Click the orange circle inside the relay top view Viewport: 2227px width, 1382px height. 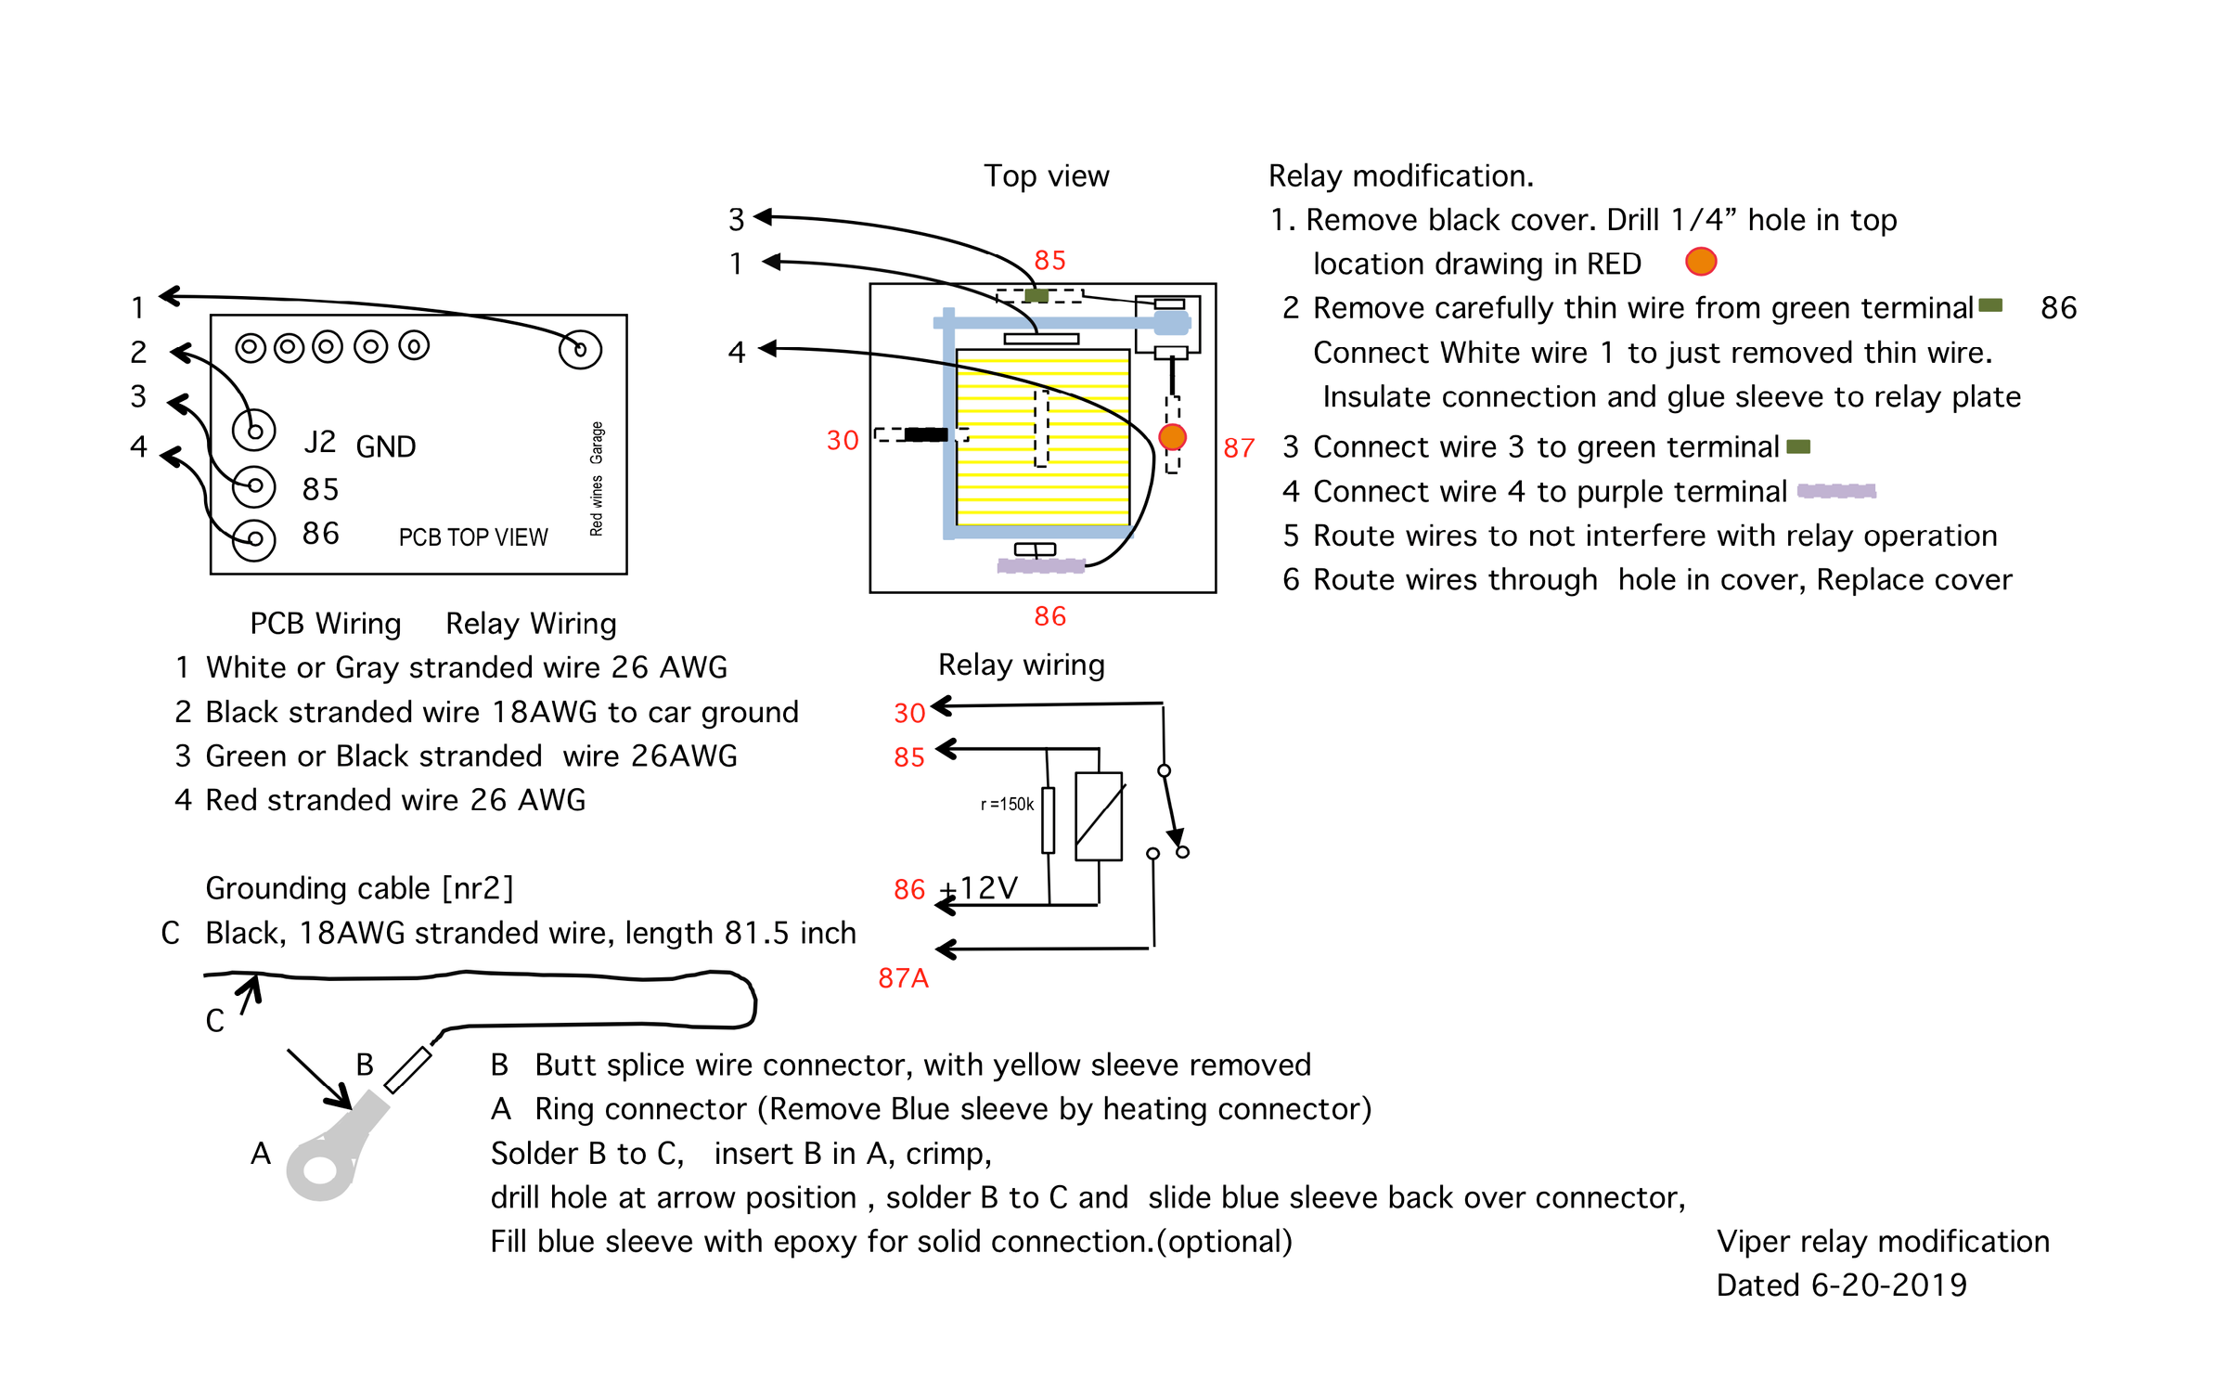(x=1172, y=437)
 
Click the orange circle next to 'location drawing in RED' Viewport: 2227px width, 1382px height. (x=1700, y=262)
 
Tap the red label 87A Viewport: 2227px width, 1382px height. (x=902, y=978)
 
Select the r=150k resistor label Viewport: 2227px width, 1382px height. (x=1007, y=804)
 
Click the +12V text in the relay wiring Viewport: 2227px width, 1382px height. (x=982, y=888)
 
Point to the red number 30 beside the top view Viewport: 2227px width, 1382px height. (x=842, y=440)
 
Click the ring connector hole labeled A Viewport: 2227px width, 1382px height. (x=320, y=1169)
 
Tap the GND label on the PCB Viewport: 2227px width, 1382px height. (x=385, y=447)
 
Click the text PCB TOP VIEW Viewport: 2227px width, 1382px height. (x=472, y=537)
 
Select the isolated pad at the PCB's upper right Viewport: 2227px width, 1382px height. (x=580, y=349)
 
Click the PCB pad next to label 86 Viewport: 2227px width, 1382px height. (x=253, y=539)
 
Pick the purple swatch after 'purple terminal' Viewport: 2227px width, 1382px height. (x=1835, y=491)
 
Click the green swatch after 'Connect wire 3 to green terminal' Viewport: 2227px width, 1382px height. (x=1797, y=447)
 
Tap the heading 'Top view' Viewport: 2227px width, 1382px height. (x=1046, y=176)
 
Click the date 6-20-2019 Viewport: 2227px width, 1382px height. (x=1887, y=1285)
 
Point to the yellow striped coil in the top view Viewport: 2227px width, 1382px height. (x=1042, y=436)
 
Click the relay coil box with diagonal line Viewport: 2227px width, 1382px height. (x=1098, y=816)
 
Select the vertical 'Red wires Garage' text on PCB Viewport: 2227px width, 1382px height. (x=596, y=478)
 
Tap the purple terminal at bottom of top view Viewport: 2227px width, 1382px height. (x=1040, y=565)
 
